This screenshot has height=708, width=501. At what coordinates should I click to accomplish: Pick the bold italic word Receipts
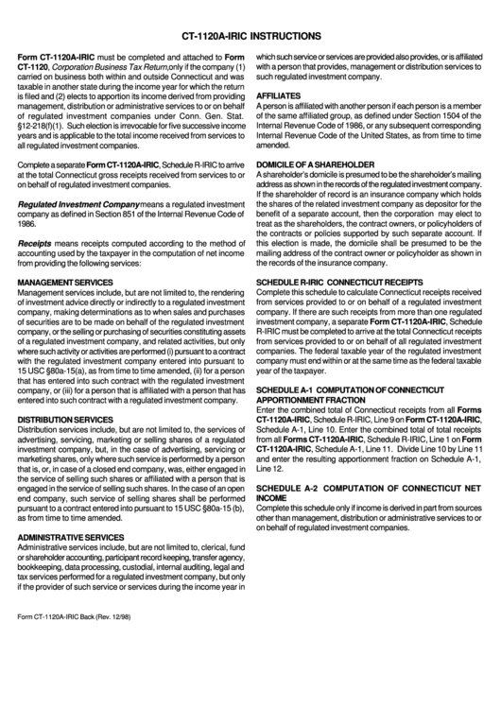34,243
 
